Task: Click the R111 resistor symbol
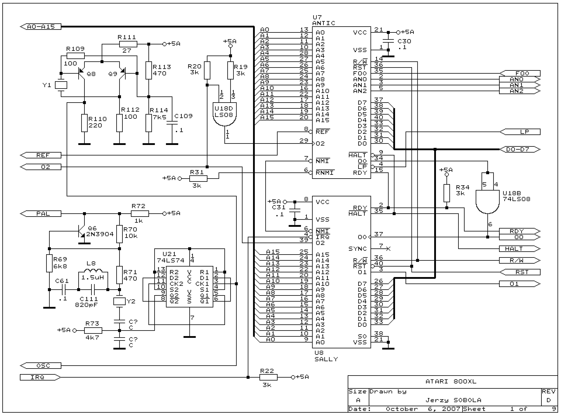[x=128, y=44]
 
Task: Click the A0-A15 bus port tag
[x=41, y=27]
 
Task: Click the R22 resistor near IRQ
[x=268, y=377]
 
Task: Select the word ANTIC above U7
[x=324, y=23]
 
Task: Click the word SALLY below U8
[x=326, y=359]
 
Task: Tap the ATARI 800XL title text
[x=451, y=382]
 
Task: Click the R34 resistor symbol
[x=446, y=193]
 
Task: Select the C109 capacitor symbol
[x=172, y=123]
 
